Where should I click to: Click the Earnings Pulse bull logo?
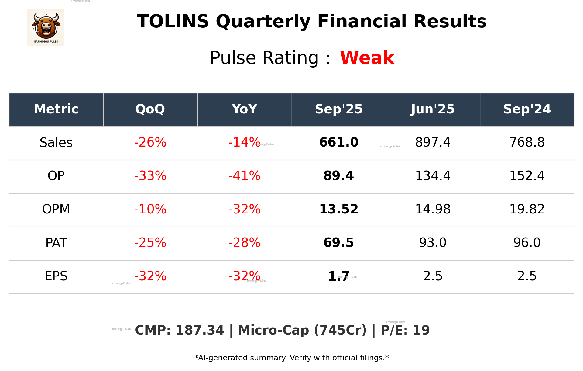[x=46, y=27]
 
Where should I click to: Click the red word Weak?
[x=367, y=58]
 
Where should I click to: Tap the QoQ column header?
[x=150, y=109]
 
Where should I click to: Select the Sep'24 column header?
[x=527, y=109]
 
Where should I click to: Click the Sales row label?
[x=56, y=143]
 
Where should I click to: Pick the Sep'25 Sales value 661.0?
[x=339, y=142]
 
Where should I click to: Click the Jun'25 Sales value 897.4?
[x=433, y=142]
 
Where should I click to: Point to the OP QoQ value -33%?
[x=150, y=176]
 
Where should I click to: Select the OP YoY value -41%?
[x=244, y=176]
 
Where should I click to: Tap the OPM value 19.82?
[x=527, y=209]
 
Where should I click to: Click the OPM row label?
[x=56, y=209]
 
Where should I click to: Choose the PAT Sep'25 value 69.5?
[x=339, y=243]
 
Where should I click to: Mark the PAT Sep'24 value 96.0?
[x=527, y=243]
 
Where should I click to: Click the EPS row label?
[x=56, y=276]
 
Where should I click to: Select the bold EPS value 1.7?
[x=338, y=276]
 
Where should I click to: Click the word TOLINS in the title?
[x=173, y=22]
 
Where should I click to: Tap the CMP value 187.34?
[x=200, y=330]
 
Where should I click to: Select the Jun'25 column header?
[x=433, y=109]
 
